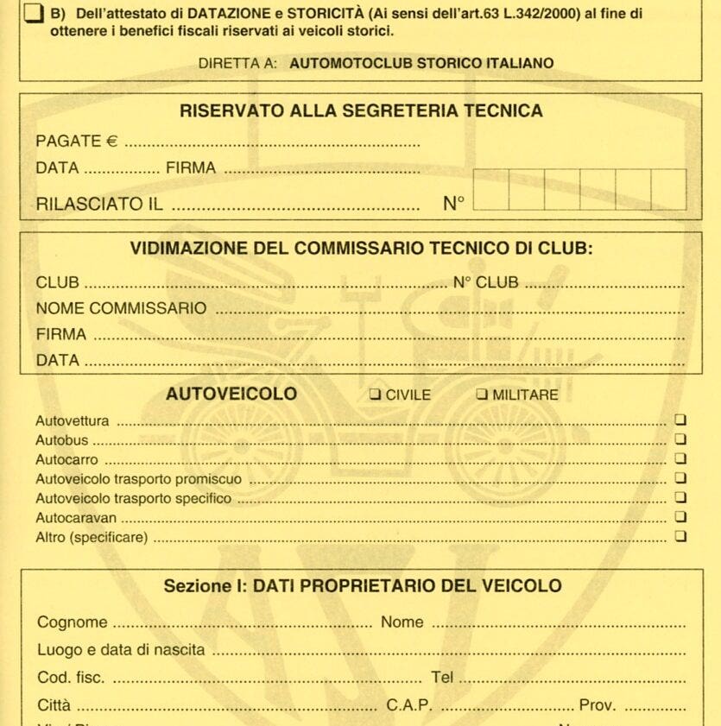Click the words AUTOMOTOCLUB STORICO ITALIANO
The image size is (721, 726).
[421, 63]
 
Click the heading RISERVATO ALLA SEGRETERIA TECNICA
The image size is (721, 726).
[361, 110]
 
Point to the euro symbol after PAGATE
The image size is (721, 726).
[111, 142]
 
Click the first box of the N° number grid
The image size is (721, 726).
[491, 190]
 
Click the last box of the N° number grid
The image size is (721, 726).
[668, 190]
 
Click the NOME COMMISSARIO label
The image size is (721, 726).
[121, 308]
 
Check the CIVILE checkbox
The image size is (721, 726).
[375, 395]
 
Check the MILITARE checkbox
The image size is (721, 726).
[482, 395]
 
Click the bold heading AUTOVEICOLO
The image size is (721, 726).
[231, 395]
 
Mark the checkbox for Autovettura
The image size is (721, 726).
[680, 421]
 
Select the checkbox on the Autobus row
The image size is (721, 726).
[680, 440]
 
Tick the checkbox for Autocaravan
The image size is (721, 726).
[680, 517]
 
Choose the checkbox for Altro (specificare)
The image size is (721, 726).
[680, 536]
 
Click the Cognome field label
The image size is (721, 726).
[73, 622]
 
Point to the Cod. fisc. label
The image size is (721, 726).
[72, 678]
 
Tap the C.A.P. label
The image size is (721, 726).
[409, 705]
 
